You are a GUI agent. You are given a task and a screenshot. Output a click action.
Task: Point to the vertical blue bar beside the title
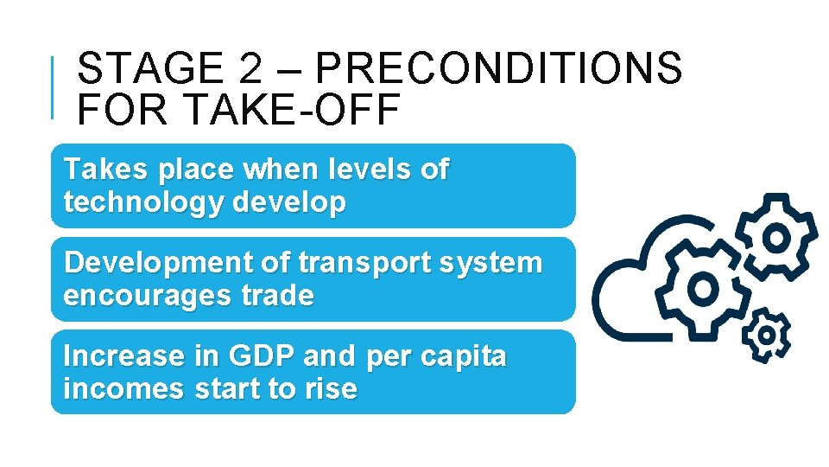pyautogui.click(x=54, y=86)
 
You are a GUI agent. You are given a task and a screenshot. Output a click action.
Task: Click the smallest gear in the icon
pyautogui.click(x=766, y=334)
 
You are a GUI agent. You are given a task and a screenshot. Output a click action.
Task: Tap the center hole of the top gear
pyautogui.click(x=776, y=236)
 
